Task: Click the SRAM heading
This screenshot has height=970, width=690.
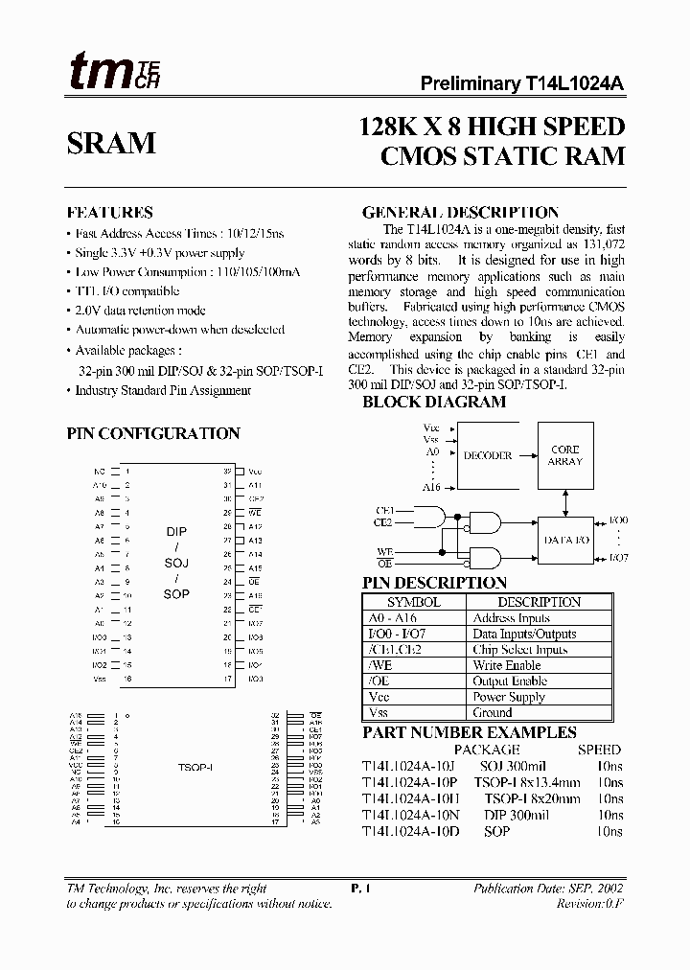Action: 111,143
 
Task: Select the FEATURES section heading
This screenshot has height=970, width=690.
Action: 109,213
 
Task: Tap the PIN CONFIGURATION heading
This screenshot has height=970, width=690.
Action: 153,433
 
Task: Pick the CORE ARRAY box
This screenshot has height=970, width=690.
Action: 565,455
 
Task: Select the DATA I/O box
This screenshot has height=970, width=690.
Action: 565,541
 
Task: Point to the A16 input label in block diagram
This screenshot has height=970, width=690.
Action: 431,488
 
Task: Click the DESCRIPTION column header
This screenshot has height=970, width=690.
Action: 539,602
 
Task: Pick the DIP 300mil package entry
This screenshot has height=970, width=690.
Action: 517,815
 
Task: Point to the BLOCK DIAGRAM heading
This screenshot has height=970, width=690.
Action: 434,403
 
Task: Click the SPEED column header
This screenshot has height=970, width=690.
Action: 599,750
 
